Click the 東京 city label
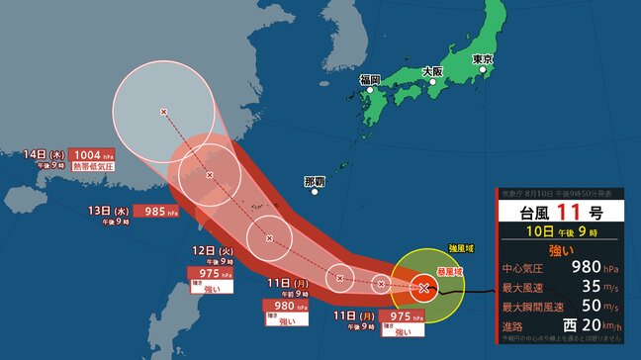[484, 60]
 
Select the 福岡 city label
[370, 79]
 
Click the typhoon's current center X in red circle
[423, 288]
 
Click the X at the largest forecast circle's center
[164, 112]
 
